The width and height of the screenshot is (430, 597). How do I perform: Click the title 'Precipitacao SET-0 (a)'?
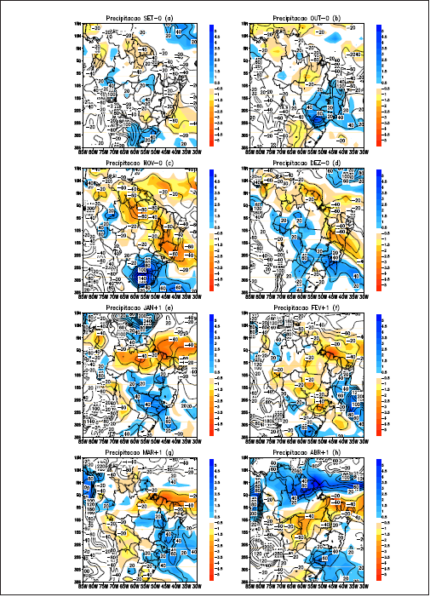click(137, 17)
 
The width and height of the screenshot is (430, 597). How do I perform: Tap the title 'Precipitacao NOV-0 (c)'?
click(137, 163)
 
